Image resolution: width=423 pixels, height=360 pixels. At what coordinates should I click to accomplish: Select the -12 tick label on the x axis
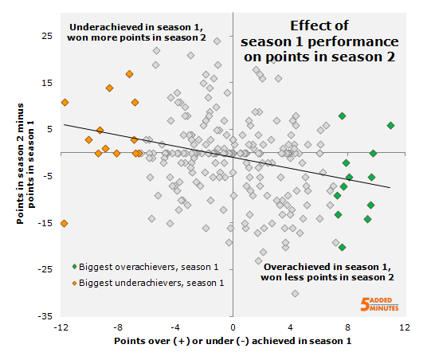61,327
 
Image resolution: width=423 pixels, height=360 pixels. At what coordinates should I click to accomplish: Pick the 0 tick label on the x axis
233,327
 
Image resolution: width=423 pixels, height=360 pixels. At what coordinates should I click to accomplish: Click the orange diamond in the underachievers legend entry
74,283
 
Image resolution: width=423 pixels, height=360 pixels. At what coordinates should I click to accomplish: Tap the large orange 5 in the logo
366,303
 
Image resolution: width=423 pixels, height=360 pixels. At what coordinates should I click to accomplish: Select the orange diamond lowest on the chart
65,223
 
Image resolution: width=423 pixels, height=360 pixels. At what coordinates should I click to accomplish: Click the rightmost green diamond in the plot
390,125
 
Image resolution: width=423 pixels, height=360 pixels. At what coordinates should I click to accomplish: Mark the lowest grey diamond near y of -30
295,293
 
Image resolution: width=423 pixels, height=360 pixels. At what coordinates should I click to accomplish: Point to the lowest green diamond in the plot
342,247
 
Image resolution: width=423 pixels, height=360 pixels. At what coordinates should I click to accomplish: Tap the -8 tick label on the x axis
117,327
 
